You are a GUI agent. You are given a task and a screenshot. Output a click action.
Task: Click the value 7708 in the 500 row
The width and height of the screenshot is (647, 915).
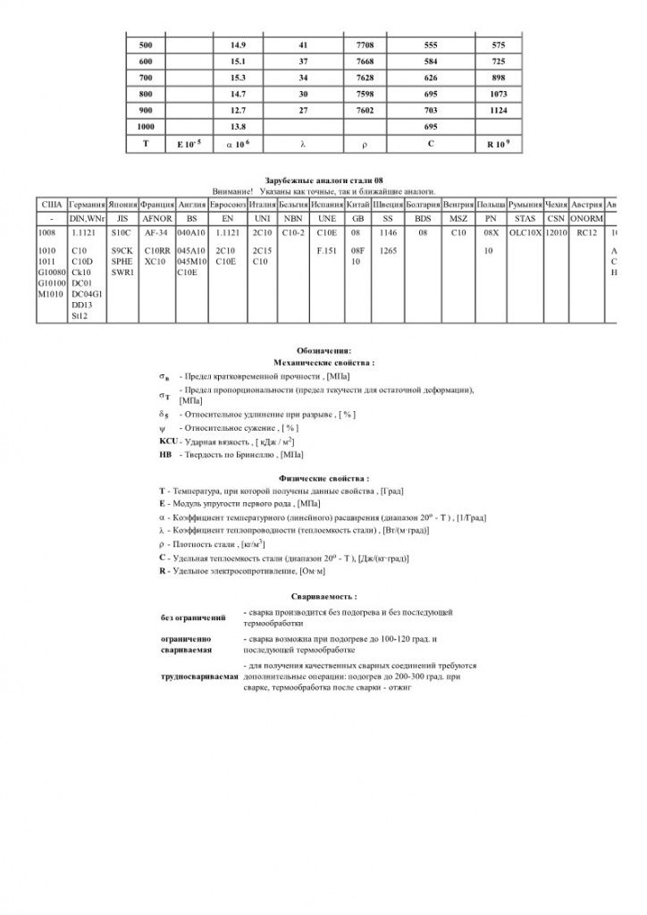click(x=366, y=44)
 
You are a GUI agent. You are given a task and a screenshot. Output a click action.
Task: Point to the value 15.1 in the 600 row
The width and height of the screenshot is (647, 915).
click(x=239, y=61)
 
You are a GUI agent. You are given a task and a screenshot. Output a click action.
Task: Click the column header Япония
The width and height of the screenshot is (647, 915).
click(x=123, y=205)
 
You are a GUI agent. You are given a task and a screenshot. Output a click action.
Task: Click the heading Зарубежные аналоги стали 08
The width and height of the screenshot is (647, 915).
click(x=323, y=181)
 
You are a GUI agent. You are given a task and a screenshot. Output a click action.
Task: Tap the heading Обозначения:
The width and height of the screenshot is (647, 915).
click(x=323, y=350)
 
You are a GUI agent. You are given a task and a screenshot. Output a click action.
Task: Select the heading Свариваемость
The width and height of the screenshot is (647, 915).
click(x=323, y=595)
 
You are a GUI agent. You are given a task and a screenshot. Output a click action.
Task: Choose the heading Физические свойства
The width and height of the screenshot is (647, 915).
click(x=323, y=478)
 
